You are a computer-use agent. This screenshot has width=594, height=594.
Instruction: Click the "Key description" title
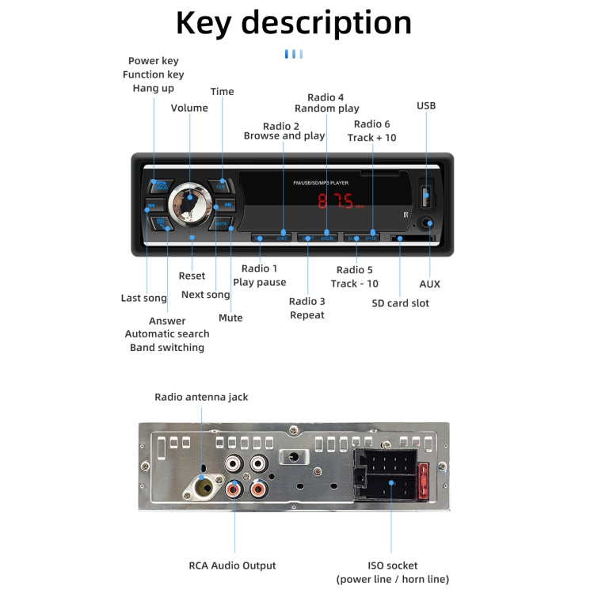[293, 23]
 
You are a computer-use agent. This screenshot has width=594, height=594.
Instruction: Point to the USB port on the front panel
[427, 193]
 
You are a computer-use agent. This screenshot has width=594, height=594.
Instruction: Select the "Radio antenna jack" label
[201, 397]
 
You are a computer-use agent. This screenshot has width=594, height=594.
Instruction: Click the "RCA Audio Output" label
[232, 565]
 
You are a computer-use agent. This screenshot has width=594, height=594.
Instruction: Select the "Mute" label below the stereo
[230, 318]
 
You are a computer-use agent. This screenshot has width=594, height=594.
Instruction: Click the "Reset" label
[192, 276]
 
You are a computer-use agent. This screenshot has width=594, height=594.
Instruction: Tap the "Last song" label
[143, 298]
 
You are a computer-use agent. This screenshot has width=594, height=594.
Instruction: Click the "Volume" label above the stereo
[189, 108]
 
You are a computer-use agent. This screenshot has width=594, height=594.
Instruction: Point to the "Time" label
[222, 91]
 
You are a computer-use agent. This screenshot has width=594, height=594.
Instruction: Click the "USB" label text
[426, 105]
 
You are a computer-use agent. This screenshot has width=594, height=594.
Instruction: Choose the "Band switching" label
[167, 347]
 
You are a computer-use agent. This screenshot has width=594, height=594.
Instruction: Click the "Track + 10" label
[371, 137]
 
